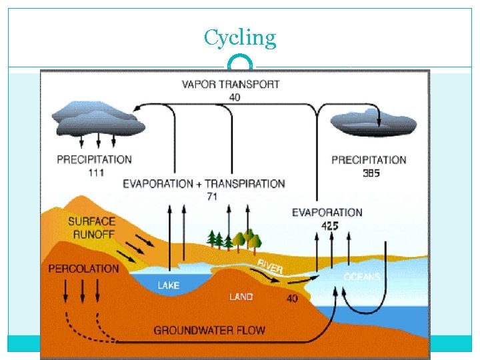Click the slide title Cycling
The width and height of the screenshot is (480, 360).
point(240,37)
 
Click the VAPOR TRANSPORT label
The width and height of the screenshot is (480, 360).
point(231,85)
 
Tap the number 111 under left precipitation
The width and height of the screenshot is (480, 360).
point(95,172)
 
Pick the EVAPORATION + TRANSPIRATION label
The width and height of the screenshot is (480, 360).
point(203,183)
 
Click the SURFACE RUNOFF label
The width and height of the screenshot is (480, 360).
point(91,227)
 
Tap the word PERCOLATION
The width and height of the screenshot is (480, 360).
point(83,269)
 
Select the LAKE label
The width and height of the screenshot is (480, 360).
point(168,285)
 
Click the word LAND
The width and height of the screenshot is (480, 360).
point(241,297)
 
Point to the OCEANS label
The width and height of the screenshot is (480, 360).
point(362,277)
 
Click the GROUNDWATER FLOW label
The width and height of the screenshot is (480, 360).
point(209,330)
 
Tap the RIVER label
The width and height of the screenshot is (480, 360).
point(270,266)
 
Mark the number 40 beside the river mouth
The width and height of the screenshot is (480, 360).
point(292,299)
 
